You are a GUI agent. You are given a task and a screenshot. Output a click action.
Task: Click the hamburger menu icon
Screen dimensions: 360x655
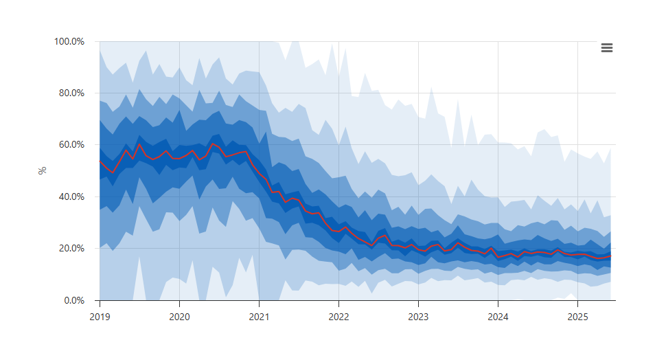[x=606, y=47]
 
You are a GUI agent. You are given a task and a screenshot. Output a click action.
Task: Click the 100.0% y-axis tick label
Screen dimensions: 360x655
[x=69, y=41]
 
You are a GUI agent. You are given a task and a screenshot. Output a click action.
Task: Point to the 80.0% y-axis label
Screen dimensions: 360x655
[x=70, y=93]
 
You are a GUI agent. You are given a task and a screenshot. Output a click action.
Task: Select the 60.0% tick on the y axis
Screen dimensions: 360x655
[x=70, y=145]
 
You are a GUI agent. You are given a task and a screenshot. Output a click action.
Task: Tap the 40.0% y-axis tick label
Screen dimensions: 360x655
[x=70, y=196]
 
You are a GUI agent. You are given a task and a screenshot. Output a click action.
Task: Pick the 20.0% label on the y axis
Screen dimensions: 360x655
[x=70, y=248]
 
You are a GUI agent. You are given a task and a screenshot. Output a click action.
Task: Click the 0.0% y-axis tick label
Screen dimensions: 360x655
[x=73, y=300]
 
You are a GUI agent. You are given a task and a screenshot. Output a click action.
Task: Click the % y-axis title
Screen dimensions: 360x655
[x=43, y=170]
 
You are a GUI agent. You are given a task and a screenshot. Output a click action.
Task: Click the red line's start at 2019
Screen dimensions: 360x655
[x=100, y=161]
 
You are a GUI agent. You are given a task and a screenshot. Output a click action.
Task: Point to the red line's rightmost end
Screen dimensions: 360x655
[x=610, y=256]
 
